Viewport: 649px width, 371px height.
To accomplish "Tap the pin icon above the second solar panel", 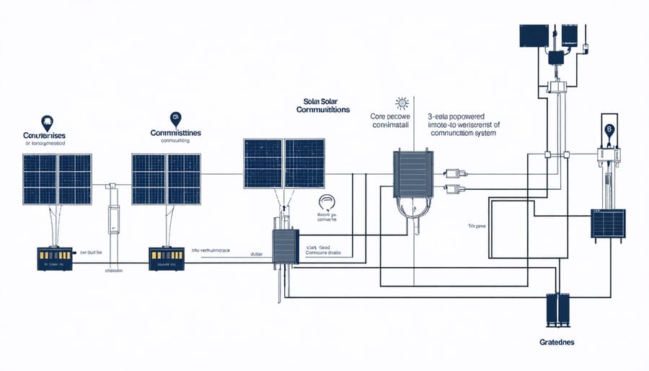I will click(x=174, y=118).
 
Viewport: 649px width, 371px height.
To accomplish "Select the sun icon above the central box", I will click(x=402, y=103).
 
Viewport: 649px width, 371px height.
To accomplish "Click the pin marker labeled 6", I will click(x=609, y=129).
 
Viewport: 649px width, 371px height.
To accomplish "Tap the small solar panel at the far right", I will click(x=610, y=224).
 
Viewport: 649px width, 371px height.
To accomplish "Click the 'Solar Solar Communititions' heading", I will click(x=323, y=105).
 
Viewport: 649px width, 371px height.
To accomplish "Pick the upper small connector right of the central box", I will click(x=455, y=173).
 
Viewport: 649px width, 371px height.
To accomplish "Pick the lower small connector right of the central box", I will click(x=455, y=190).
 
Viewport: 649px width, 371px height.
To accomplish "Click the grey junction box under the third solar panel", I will click(x=284, y=247).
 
